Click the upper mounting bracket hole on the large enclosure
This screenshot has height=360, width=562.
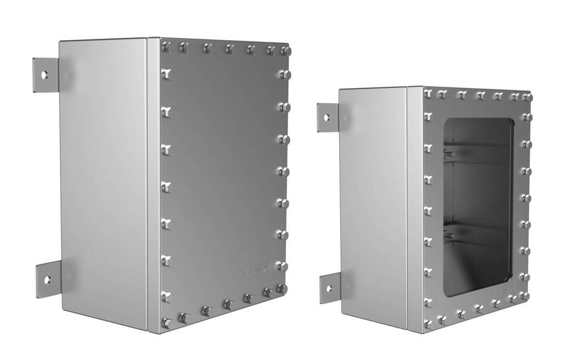point(44,74)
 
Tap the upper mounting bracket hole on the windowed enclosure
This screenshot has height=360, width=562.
point(327,117)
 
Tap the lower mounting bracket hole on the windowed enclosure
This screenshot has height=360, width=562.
point(329,288)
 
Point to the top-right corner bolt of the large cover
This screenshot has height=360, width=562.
point(285,51)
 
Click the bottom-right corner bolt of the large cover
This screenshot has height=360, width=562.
point(282,289)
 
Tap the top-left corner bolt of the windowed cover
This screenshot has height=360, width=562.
point(428,94)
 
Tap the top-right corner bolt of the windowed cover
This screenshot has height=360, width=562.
point(527,97)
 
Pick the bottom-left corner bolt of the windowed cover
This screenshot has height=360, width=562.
point(429,325)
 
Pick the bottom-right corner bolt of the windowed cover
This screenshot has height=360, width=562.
point(525,296)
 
